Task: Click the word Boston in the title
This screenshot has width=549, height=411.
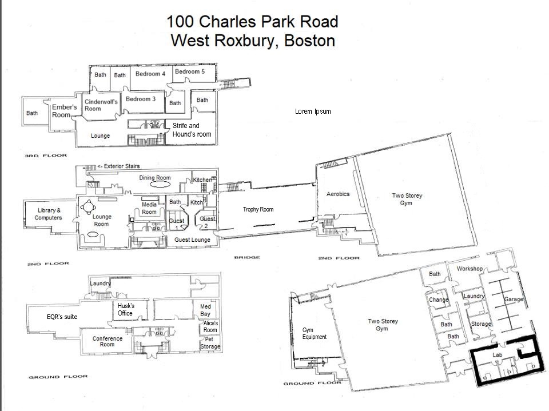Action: pos(309,41)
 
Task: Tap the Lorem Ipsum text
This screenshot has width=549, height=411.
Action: pos(313,111)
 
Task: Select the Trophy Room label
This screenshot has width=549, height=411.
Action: pos(258,209)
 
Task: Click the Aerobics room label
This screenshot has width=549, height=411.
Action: pos(338,194)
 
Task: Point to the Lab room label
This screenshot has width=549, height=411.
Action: pos(497,355)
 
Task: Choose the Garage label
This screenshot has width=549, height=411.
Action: pos(514,300)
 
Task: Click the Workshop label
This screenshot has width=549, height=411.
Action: pos(470,269)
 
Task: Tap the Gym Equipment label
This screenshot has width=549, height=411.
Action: pos(315,333)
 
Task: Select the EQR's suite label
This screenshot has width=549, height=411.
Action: pos(62,317)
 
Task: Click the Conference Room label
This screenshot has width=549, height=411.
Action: pos(107,341)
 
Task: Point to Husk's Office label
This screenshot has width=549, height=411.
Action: pos(125,309)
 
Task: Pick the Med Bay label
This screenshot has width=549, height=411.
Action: pos(205,310)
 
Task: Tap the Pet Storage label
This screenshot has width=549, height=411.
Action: pos(210,343)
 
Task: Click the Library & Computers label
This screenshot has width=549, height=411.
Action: pos(48,214)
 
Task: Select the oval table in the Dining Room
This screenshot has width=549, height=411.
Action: pos(157,185)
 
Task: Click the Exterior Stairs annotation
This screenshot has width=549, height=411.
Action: pos(118,166)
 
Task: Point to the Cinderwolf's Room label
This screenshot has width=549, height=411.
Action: pos(101,105)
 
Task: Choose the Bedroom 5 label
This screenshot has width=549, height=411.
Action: pos(190,72)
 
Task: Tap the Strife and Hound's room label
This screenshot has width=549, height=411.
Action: pos(192,130)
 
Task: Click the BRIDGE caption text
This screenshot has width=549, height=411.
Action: pos(247,257)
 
